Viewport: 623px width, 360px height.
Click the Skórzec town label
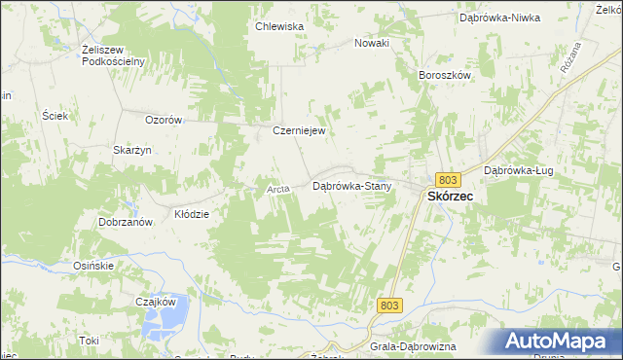pos(451,196)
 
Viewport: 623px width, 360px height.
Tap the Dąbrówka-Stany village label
pos(351,185)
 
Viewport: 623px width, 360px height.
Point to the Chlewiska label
pos(279,27)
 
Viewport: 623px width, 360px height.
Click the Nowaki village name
pos(372,43)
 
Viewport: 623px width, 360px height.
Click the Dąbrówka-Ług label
pos(518,170)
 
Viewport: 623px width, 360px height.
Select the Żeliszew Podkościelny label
pos(114,55)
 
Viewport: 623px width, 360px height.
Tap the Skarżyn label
pos(129,150)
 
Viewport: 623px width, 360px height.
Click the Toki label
pos(90,341)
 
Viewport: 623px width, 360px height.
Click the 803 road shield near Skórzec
pos(449,180)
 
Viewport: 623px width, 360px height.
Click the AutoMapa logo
pos(560,342)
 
